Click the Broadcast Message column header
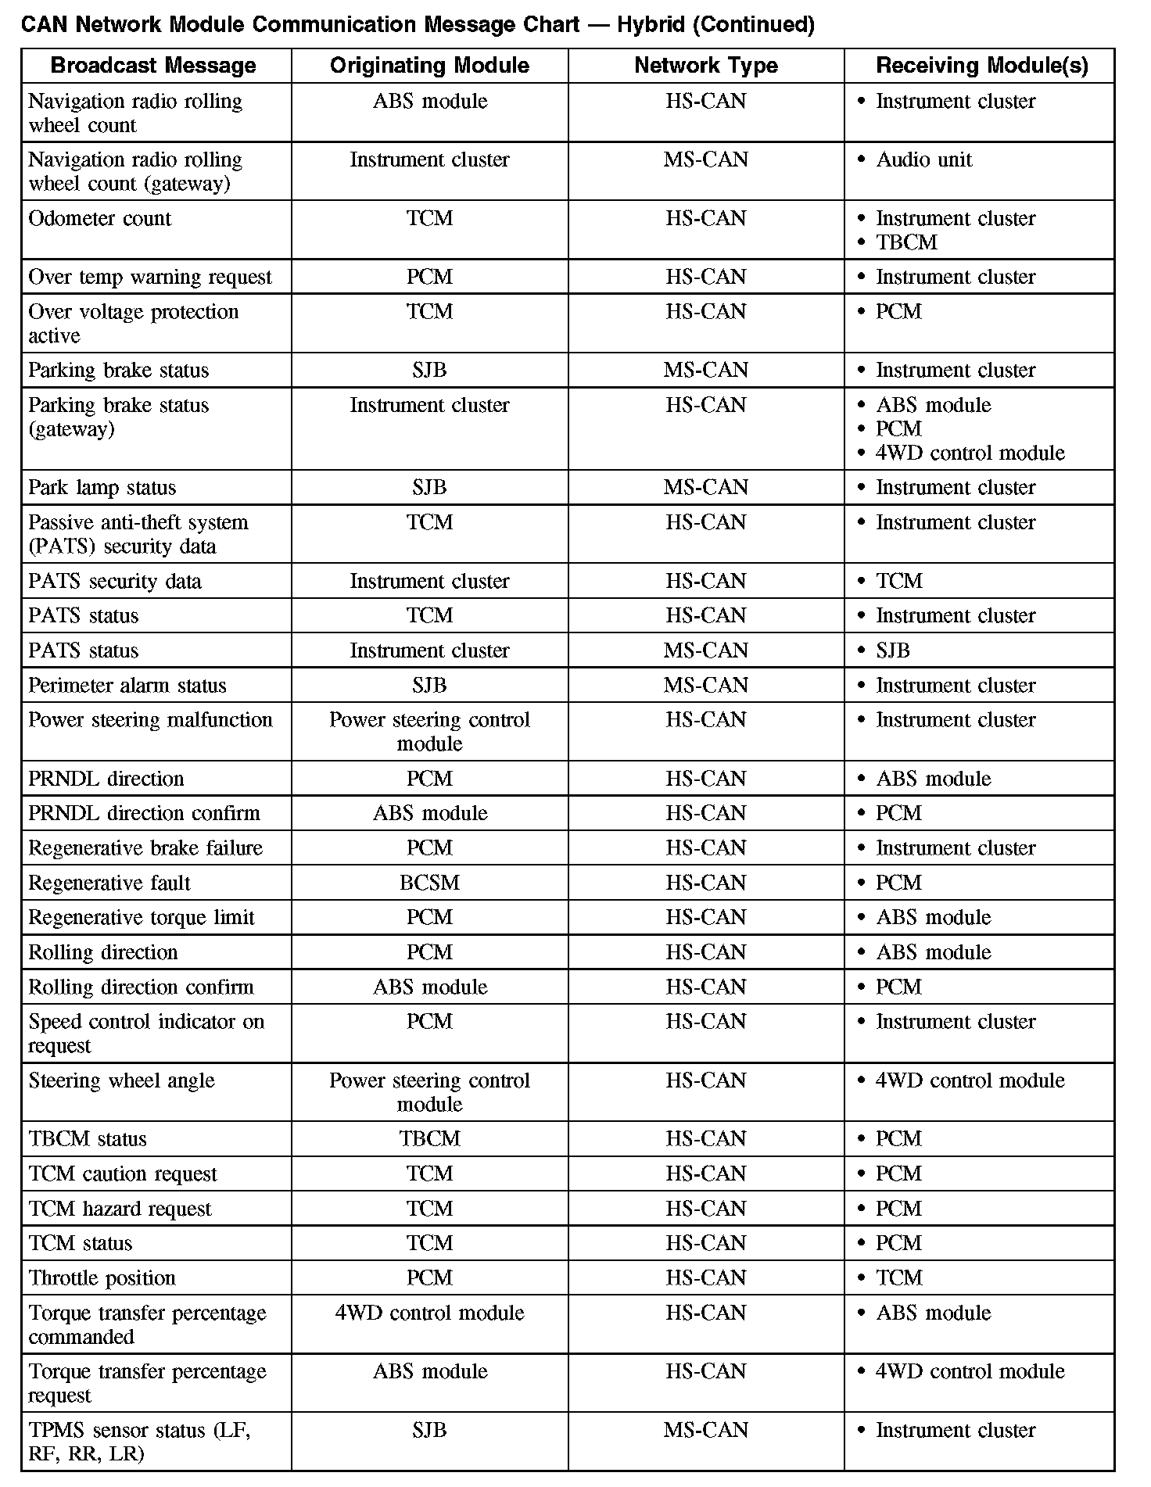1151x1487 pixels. pyautogui.click(x=153, y=66)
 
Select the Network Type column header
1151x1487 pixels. pyautogui.click(x=705, y=66)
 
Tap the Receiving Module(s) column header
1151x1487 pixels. pyautogui.click(x=981, y=66)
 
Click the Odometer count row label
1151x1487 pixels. pyautogui.click(x=99, y=219)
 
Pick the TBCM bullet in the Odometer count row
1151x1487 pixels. pyautogui.click(x=906, y=242)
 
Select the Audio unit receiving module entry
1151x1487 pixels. pyautogui.click(x=923, y=160)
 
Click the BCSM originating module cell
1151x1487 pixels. pyautogui.click(x=429, y=883)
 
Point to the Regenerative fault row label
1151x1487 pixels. pyautogui.click(x=109, y=883)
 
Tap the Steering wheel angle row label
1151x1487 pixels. pyautogui.click(x=121, y=1081)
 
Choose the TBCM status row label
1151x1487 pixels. pyautogui.click(x=88, y=1139)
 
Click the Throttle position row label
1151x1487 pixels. pyautogui.click(x=102, y=1278)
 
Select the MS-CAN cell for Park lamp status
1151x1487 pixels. pyautogui.click(x=705, y=488)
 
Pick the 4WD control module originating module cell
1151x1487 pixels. pyautogui.click(x=429, y=1313)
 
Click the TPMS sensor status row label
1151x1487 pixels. pyautogui.click(x=139, y=1442)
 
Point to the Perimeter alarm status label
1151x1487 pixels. pyautogui.click(x=127, y=686)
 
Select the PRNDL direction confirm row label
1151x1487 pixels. pyautogui.click(x=144, y=814)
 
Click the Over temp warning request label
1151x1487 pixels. pyautogui.click(x=149, y=278)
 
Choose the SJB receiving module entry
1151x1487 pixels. pyautogui.click(x=892, y=651)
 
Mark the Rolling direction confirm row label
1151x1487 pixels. pyautogui.click(x=141, y=987)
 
